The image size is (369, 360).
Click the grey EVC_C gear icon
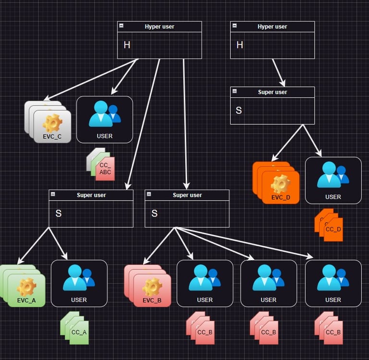coord(52,123)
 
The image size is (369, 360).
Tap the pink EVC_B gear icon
coord(152,287)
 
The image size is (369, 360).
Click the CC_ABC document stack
coord(101,165)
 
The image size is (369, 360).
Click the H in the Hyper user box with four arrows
coord(127,45)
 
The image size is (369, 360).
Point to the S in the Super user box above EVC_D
coord(239,110)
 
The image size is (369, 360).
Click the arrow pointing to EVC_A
coord(34,245)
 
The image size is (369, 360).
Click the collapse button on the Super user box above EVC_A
coord(53,194)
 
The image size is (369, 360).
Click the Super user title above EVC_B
coord(187,195)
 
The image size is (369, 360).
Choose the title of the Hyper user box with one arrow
coord(272,27)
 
